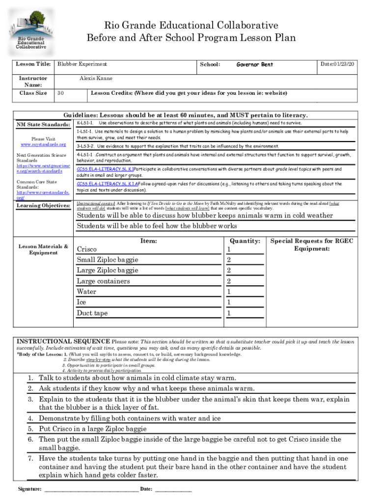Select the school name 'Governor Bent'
(254, 64)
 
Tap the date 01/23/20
(338, 64)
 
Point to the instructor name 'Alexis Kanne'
(96, 78)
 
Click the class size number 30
(60, 93)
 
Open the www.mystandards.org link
(43, 144)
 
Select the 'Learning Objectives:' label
(43, 205)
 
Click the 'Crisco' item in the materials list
(87, 250)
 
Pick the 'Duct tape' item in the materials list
(92, 313)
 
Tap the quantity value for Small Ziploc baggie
(229, 260)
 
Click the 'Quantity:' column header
(244, 241)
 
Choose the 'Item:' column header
(148, 241)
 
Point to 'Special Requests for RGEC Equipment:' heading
(312, 245)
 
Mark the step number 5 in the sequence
(30, 428)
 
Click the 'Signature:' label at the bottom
(29, 489)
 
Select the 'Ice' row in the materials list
(81, 303)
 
